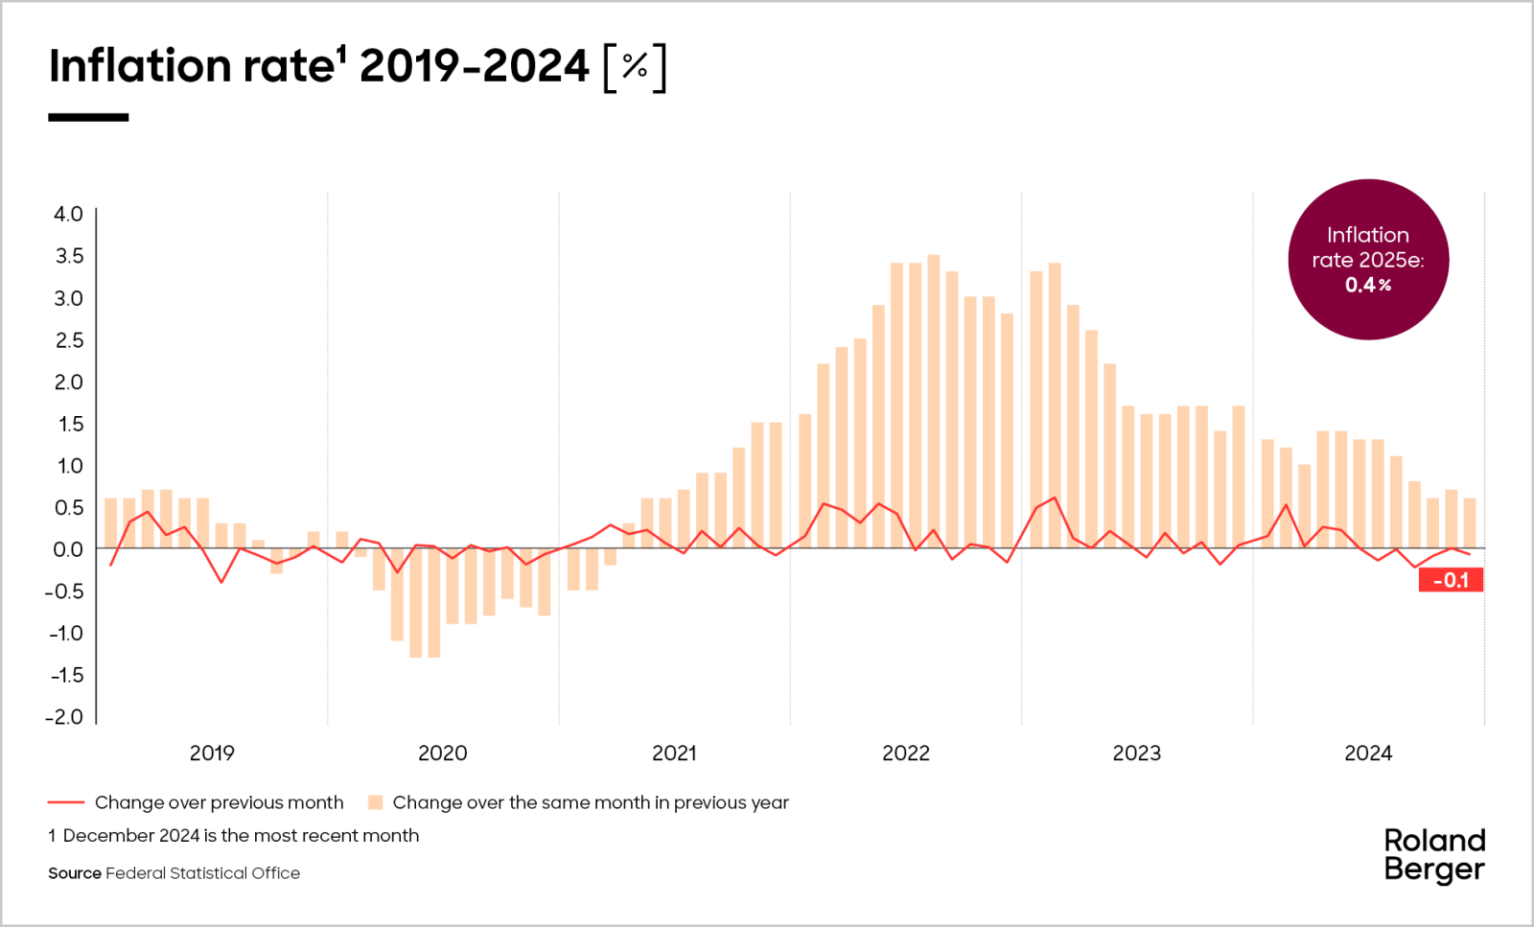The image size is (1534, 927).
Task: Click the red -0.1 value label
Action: point(1451,580)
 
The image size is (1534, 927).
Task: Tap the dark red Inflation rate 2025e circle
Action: point(1368,260)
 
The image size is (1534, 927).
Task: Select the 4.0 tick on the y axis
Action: point(68,214)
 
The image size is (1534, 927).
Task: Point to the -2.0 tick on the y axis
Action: point(64,717)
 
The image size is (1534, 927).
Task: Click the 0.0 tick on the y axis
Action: point(68,549)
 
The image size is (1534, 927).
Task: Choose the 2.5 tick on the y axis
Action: point(68,340)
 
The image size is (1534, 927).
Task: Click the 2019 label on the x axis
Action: point(212,753)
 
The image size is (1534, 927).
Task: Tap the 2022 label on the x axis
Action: point(906,753)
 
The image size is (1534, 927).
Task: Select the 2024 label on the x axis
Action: point(1368,753)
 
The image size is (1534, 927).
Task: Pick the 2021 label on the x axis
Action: point(674,753)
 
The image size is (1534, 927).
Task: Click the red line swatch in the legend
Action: point(66,802)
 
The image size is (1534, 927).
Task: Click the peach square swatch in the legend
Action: point(376,802)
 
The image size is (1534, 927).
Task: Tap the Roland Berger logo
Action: point(1434,854)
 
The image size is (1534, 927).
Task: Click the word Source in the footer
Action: point(75,873)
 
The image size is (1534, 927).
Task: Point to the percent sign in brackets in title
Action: point(635,66)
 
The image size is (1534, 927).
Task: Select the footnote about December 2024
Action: point(234,835)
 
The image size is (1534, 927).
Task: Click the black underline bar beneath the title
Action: point(88,117)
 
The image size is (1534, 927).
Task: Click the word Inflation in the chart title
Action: point(140,66)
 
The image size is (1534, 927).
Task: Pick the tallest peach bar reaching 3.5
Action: point(934,403)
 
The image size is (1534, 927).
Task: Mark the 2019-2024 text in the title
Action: point(475,66)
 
